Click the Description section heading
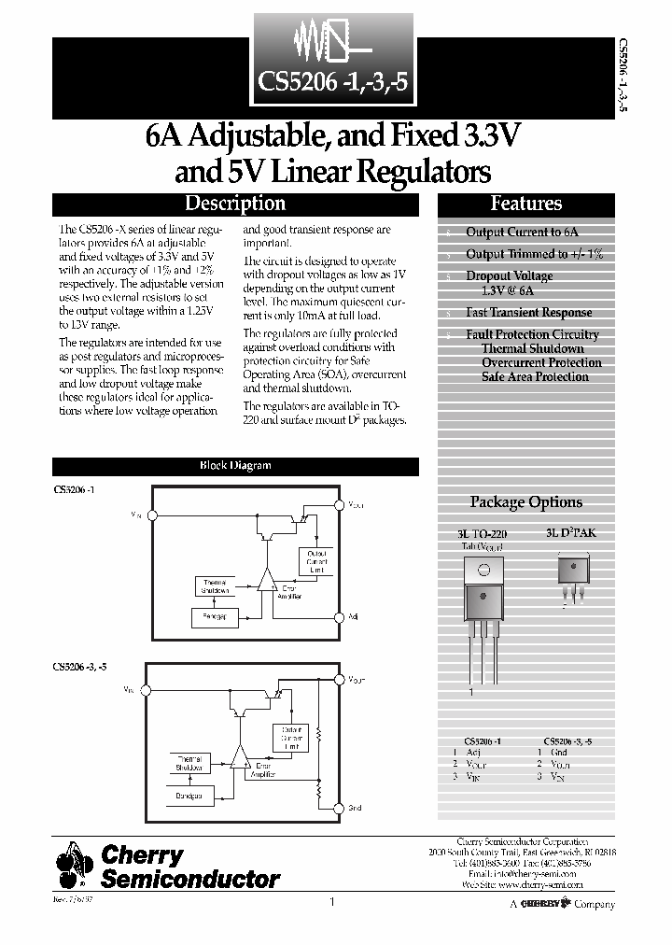235,204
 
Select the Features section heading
525,204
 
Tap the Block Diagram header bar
235,465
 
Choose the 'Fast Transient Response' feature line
528,313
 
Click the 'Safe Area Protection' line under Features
535,377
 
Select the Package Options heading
525,502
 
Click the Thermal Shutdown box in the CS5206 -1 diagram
215,586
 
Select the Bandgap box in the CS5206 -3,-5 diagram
194,795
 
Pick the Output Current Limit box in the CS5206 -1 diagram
316,561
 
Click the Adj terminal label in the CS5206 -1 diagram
353,617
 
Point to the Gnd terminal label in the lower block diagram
354,810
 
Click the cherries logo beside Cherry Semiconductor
74,864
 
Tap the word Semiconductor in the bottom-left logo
189,879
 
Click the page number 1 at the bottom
332,902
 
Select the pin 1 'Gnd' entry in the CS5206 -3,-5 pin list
558,752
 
